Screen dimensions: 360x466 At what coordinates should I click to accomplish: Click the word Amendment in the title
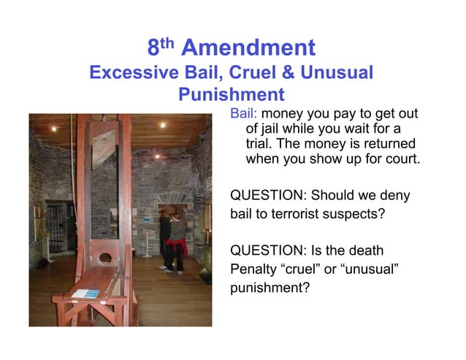pos(248,49)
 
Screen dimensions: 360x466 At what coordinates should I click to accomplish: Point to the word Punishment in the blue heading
pos(231,95)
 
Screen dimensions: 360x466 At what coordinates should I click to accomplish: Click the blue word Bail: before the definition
pos(244,114)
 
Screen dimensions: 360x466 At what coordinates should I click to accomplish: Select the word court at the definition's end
pos(402,158)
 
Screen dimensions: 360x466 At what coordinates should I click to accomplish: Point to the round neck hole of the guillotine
pos(105,258)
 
